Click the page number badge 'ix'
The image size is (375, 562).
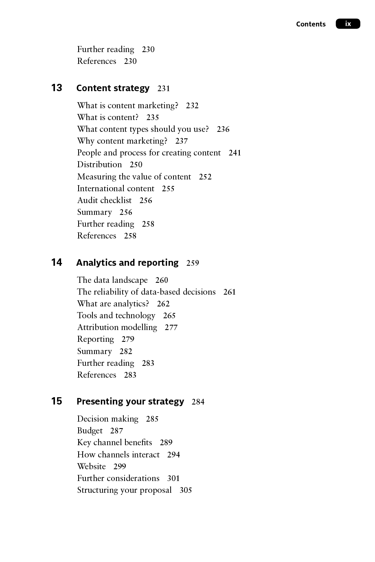348,24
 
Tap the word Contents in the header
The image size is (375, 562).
311,24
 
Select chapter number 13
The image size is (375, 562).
57,88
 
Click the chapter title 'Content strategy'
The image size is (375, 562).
113,88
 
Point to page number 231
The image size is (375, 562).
164,89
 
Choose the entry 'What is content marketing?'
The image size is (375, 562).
127,105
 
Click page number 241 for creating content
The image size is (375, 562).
235,153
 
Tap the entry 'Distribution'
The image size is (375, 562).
99,165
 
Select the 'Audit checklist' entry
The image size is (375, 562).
104,200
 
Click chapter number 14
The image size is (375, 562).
57,262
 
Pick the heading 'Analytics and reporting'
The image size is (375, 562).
127,263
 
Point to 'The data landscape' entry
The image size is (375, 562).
112,280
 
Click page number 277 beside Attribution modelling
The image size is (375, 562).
171,328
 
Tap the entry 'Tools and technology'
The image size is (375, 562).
116,316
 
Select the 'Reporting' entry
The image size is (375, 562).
95,339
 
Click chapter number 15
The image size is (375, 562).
57,401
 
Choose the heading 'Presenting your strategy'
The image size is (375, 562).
130,402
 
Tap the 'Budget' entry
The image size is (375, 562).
90,431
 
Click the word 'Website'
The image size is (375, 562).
91,466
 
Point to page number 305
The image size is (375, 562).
186,490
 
